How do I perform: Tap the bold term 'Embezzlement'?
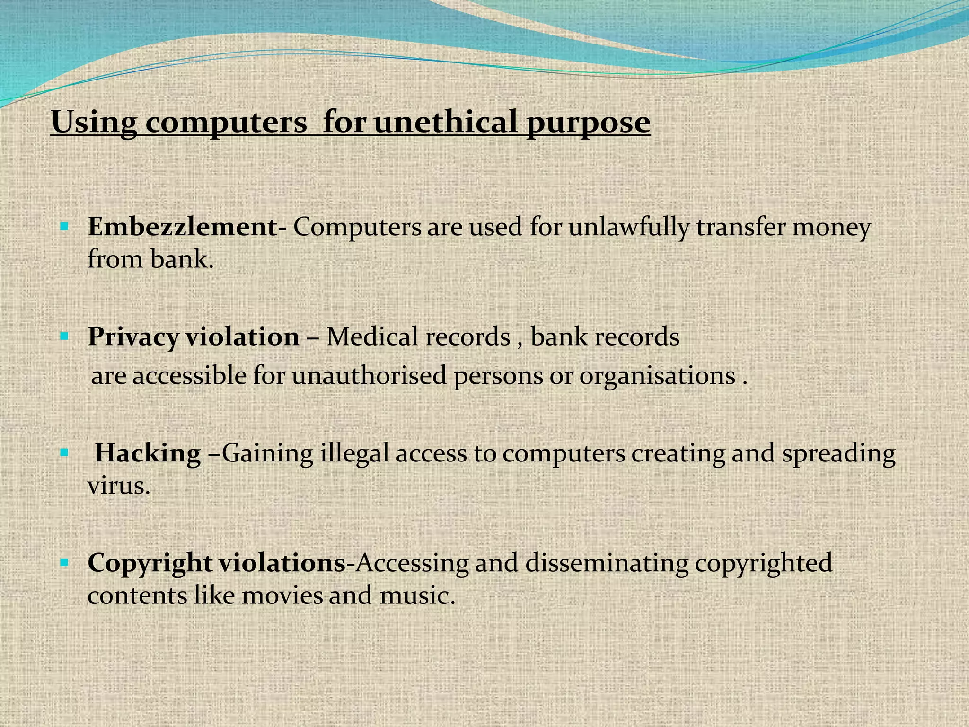(183, 227)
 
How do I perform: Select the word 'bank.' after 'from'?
(182, 259)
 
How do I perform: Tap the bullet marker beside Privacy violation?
(65, 337)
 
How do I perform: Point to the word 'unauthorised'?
(369, 376)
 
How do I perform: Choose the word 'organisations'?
(657, 376)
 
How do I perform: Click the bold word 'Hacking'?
(148, 453)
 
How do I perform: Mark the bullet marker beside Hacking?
(65, 453)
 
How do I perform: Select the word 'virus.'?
(119, 486)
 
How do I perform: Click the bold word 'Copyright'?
(150, 563)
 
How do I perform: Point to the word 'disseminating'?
(607, 563)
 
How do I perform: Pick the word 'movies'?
(282, 595)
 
